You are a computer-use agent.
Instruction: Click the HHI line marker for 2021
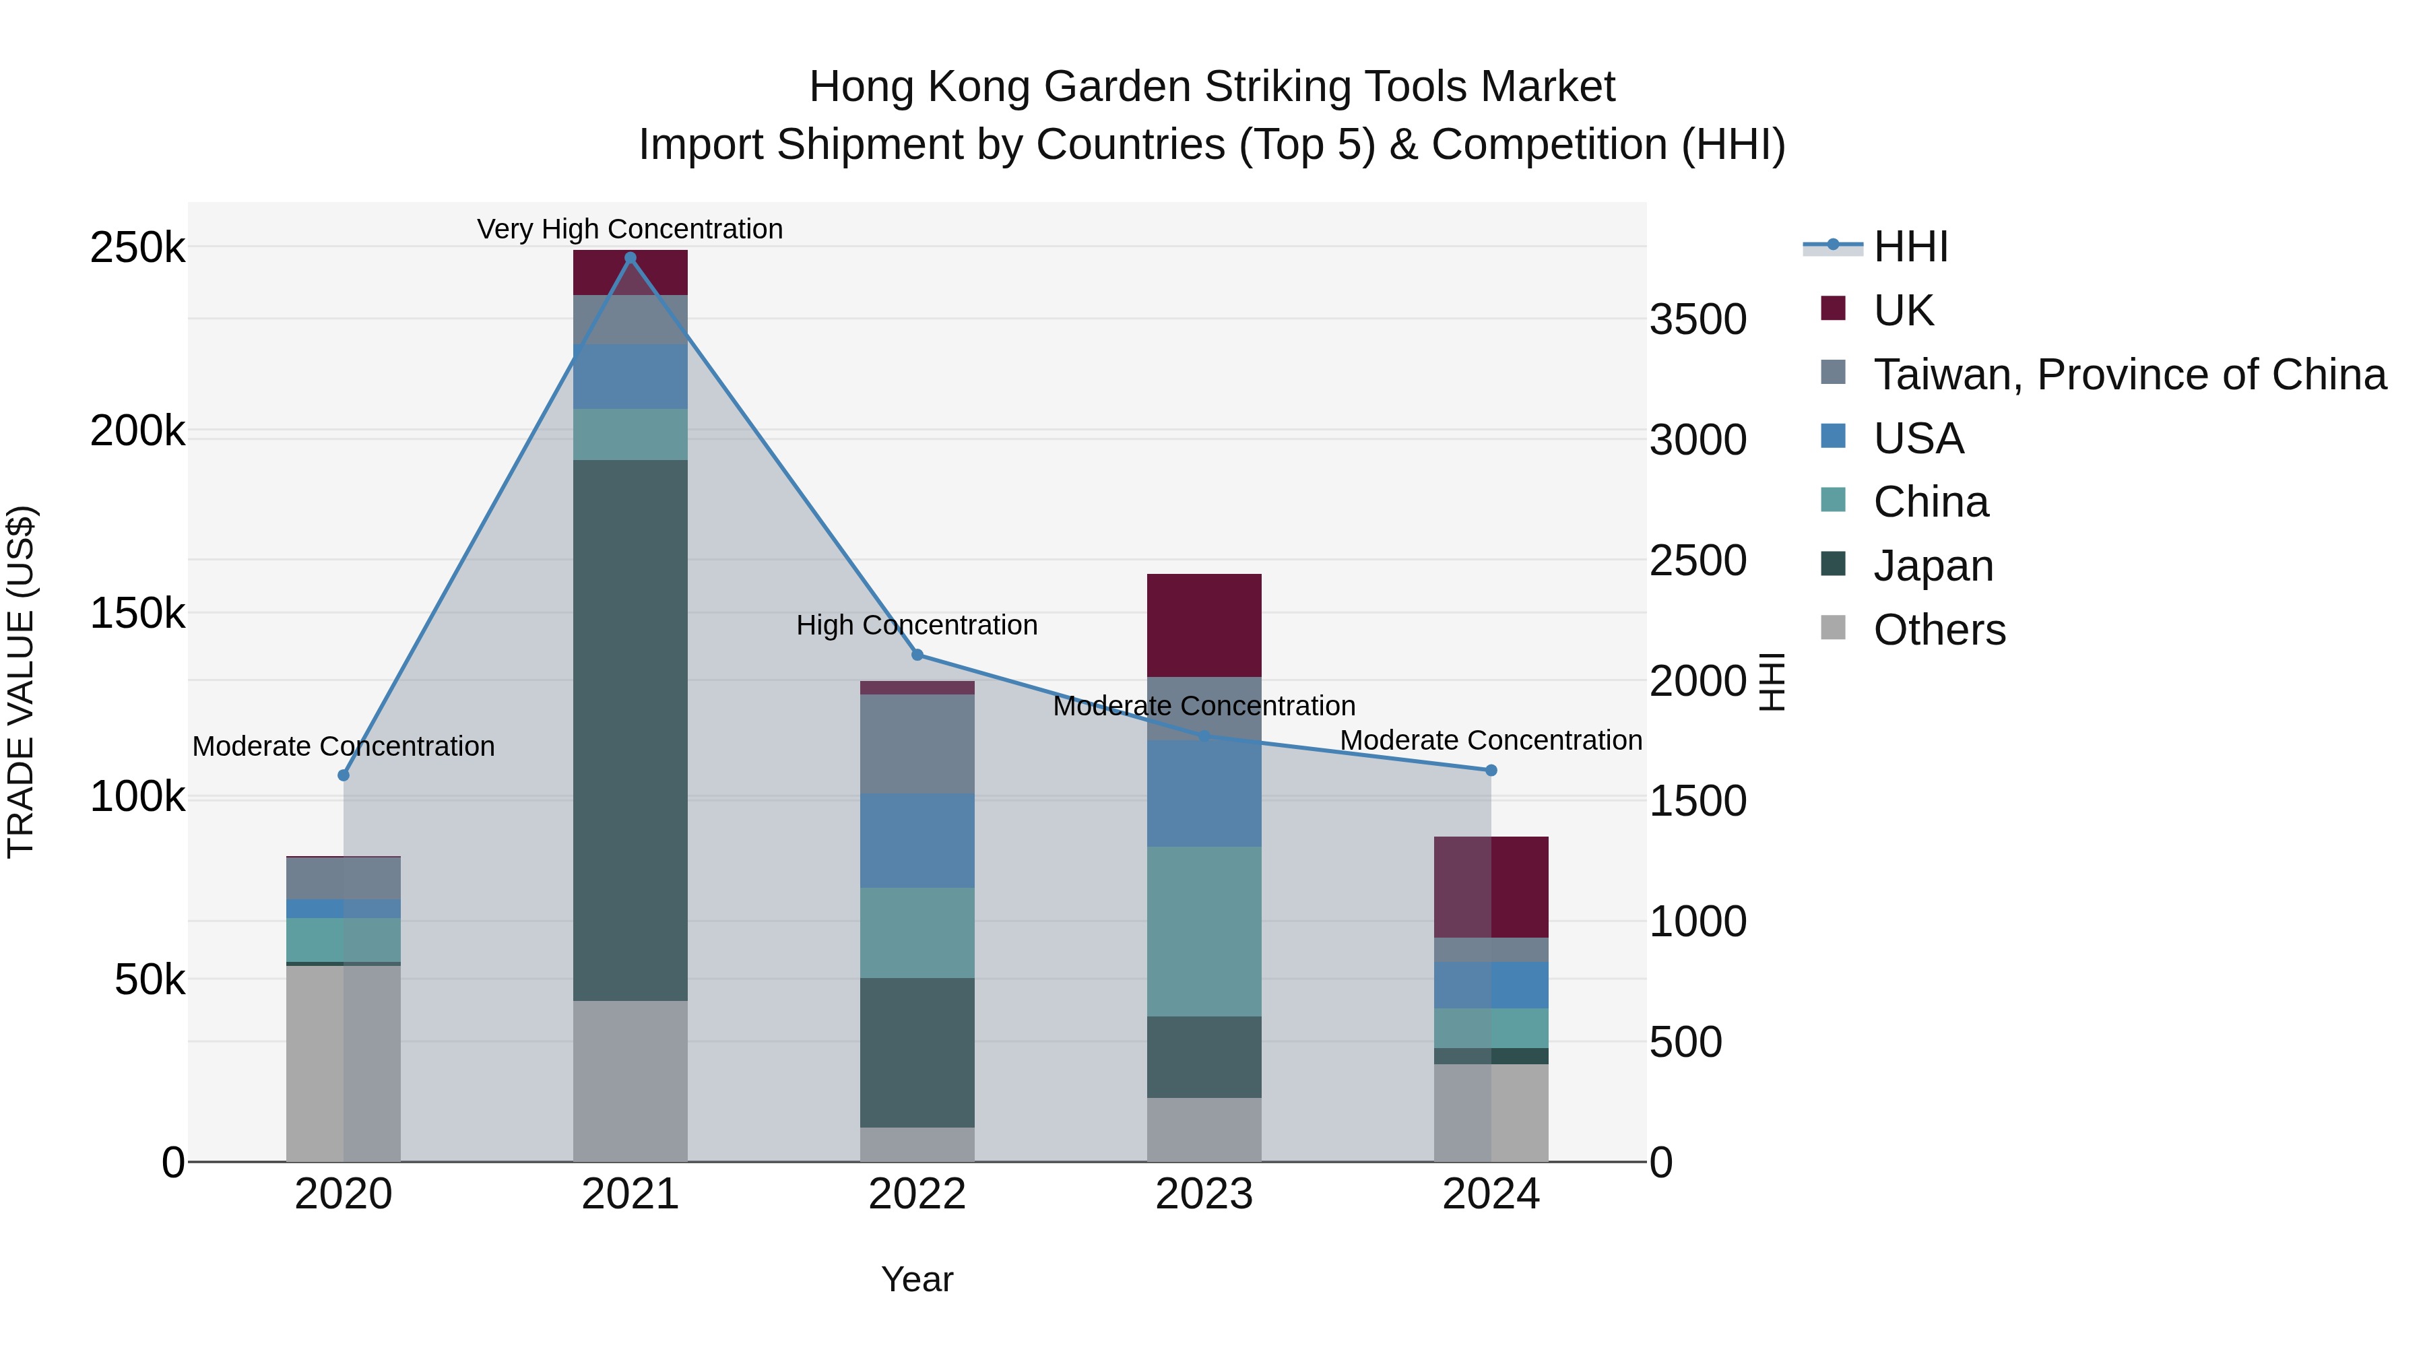pyautogui.click(x=630, y=258)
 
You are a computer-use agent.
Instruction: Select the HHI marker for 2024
pyautogui.click(x=1491, y=770)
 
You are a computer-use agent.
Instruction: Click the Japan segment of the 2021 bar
pyautogui.click(x=630, y=729)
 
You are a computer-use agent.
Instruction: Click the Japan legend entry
pyautogui.click(x=1933, y=566)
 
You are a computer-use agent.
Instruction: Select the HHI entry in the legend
pyautogui.click(x=1909, y=247)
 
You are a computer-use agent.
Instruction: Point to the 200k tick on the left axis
pyautogui.click(x=137, y=431)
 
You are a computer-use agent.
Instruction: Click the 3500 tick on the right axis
pyautogui.click(x=1698, y=319)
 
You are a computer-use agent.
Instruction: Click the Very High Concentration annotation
pyautogui.click(x=630, y=229)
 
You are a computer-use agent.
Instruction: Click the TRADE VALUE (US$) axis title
pyautogui.click(x=21, y=682)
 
